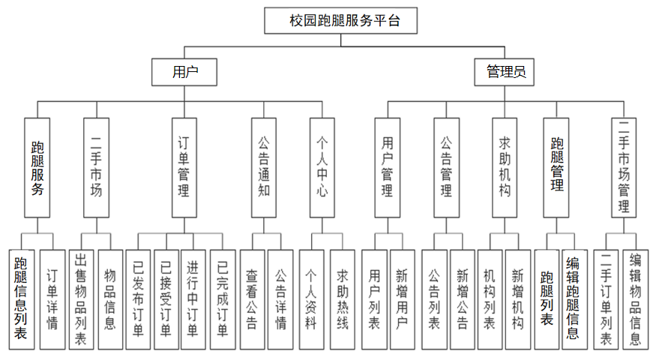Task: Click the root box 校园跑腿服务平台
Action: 340,20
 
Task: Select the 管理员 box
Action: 504,72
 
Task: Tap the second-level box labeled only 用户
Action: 184,72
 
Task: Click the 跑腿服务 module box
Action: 37,167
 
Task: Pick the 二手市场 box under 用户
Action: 96,167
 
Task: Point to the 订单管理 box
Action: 184,167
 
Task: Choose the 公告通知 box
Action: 263,167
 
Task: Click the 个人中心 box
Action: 322,167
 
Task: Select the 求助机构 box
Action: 505,167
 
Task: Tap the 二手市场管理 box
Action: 624,167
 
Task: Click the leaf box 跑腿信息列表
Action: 22,299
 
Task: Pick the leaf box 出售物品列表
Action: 81,299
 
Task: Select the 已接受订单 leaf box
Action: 166,299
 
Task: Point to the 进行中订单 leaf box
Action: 193,299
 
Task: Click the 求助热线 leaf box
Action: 342,299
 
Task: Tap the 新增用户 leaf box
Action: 402,299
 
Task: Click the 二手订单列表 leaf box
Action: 606,299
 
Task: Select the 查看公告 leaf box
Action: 252,299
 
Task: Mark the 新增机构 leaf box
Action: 518,299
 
